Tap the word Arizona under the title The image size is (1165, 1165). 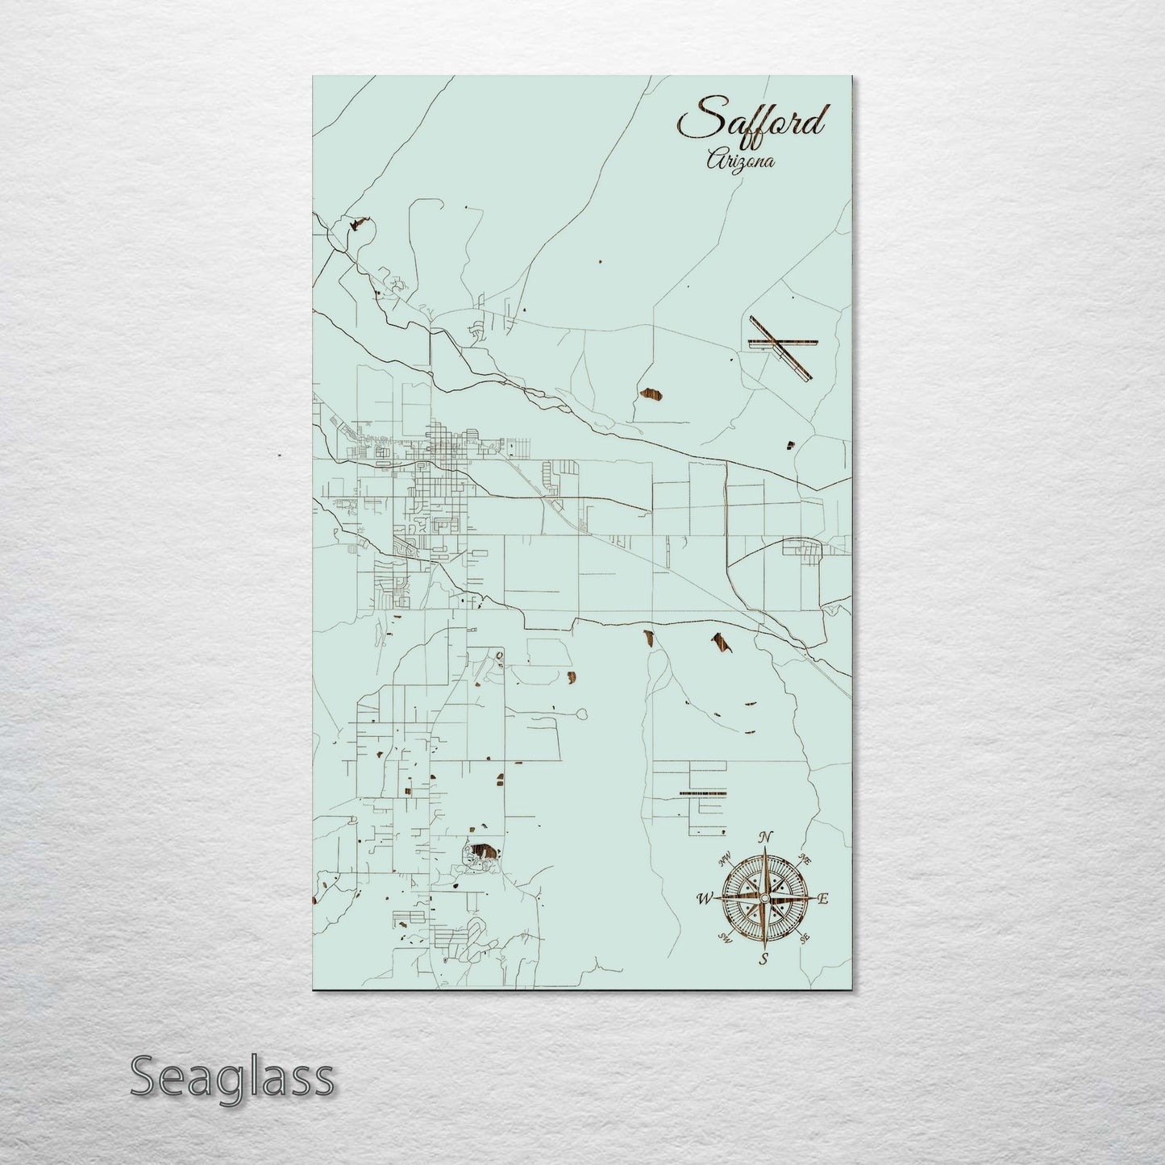coord(740,160)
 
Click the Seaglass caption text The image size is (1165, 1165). coord(231,1076)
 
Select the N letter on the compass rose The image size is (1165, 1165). coord(768,836)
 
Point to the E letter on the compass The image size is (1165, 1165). coord(823,899)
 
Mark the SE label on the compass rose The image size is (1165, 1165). coord(803,938)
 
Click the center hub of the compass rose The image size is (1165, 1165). coord(764,897)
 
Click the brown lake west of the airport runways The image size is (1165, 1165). coord(647,394)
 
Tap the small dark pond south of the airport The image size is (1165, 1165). coord(791,443)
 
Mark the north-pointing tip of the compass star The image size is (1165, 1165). coord(766,849)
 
